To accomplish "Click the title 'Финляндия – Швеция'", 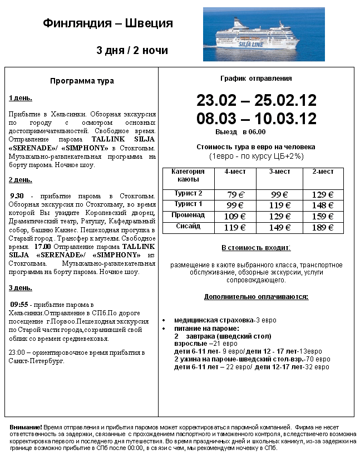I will [108, 23].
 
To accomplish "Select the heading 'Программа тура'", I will [82, 81].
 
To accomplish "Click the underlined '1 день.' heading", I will [20, 98].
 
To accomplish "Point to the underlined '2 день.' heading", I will [20, 180].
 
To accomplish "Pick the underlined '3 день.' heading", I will [20, 288].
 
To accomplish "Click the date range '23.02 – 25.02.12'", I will [256, 101].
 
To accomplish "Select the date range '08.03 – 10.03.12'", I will [256, 119].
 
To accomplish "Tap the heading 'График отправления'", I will [256, 79].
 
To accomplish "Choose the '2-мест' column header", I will [323, 172].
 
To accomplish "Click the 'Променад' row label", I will [188, 215].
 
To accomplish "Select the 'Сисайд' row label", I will [188, 226].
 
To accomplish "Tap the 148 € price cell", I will [323, 205].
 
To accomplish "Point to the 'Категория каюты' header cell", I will [188, 175].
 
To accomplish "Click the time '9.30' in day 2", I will [18, 196].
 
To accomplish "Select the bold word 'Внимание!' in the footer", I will [26, 426].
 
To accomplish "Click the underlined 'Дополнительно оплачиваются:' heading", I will [256, 296].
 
